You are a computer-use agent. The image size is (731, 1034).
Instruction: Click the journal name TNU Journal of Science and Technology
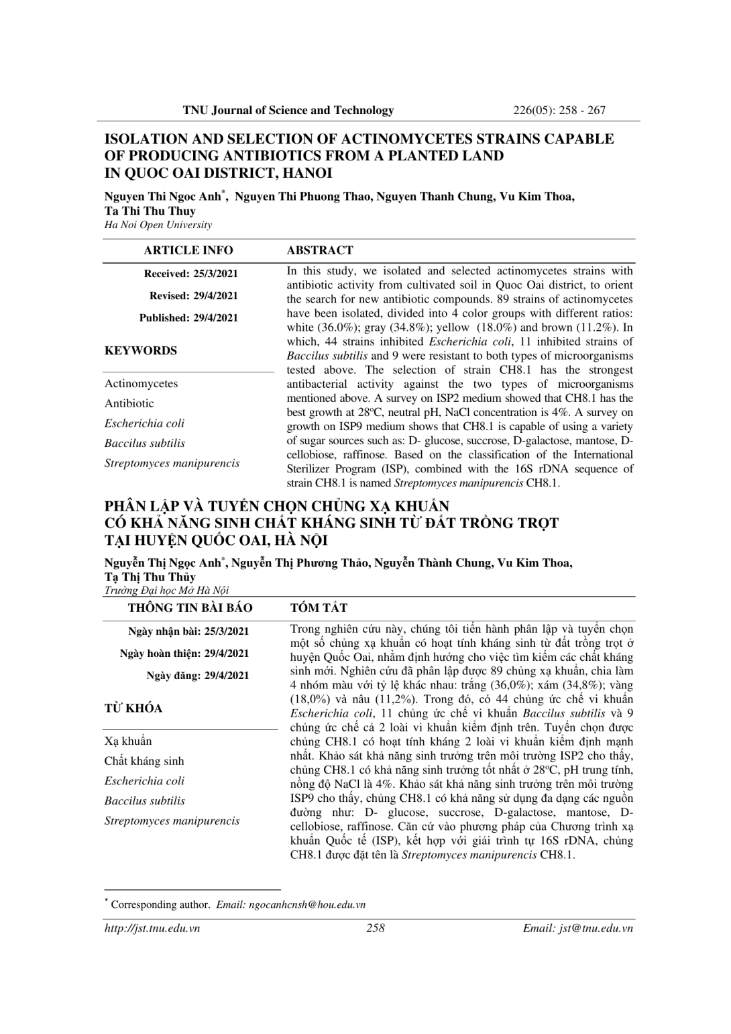(288, 110)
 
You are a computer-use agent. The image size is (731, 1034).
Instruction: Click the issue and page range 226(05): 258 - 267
(559, 110)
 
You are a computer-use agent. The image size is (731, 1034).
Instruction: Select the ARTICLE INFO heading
(188, 250)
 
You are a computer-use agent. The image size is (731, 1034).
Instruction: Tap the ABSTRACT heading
(319, 250)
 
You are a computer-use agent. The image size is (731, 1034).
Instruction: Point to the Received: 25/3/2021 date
(191, 274)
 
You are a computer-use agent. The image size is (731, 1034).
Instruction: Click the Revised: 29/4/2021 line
(194, 296)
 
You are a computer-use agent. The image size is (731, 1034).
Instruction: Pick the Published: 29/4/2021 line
(188, 318)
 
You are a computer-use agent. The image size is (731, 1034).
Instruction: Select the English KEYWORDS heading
(141, 351)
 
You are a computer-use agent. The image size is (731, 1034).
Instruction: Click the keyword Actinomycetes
(141, 384)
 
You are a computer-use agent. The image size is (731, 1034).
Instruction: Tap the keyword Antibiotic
(129, 403)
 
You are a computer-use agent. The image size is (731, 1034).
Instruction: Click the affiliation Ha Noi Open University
(158, 225)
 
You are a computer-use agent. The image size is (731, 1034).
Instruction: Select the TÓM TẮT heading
(319, 608)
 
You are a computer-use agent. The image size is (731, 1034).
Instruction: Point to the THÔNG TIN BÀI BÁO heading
(190, 608)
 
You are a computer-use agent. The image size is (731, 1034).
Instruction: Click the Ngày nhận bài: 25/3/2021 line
(188, 631)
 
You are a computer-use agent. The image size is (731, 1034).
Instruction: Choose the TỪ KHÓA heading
(133, 709)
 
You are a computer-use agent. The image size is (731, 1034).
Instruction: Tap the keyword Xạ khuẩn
(127, 741)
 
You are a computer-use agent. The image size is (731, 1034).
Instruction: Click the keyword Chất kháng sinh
(144, 761)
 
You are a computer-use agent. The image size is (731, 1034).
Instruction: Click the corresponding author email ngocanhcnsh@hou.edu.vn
(306, 904)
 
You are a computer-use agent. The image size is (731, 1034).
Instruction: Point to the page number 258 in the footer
(376, 929)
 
